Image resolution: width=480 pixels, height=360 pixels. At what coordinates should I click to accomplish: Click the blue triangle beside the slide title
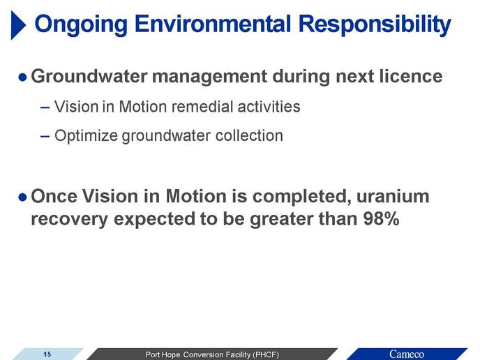[x=18, y=25]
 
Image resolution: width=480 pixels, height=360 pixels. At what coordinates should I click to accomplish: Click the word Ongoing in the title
[x=81, y=25]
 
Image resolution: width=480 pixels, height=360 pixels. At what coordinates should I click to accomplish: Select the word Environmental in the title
[x=213, y=24]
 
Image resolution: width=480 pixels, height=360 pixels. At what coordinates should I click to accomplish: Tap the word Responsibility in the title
[x=375, y=25]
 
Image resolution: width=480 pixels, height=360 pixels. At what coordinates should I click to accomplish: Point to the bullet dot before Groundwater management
[x=22, y=77]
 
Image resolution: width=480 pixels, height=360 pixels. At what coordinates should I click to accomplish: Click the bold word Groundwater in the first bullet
[x=89, y=76]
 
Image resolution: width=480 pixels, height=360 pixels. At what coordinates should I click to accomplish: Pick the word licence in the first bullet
[x=411, y=76]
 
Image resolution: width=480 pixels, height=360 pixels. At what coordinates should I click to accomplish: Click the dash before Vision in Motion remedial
[x=45, y=107]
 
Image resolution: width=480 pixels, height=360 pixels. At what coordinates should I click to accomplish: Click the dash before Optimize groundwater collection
[x=45, y=136]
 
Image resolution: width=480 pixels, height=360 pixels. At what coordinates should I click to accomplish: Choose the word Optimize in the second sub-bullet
[x=86, y=135]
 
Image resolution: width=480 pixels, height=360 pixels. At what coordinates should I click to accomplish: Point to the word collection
[x=249, y=135]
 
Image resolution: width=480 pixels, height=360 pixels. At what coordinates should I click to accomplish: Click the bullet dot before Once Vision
[x=22, y=197]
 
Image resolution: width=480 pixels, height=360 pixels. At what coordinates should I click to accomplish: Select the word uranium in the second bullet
[x=393, y=196]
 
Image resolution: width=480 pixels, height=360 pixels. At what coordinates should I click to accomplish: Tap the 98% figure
[x=381, y=218]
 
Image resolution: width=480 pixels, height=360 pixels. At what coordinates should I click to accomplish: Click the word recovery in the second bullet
[x=70, y=220]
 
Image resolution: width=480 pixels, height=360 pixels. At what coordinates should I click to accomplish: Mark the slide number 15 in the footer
[x=47, y=354]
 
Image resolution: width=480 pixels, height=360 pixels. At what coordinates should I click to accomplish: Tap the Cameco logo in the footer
[x=407, y=354]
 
